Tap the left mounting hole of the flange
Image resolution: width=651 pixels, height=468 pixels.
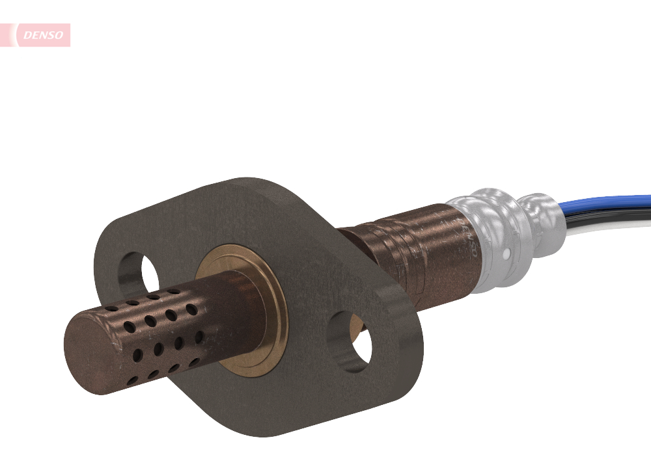click(x=139, y=272)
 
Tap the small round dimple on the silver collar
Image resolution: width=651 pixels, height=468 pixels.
click(x=505, y=249)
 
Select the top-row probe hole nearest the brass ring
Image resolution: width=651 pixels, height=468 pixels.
click(x=174, y=292)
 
